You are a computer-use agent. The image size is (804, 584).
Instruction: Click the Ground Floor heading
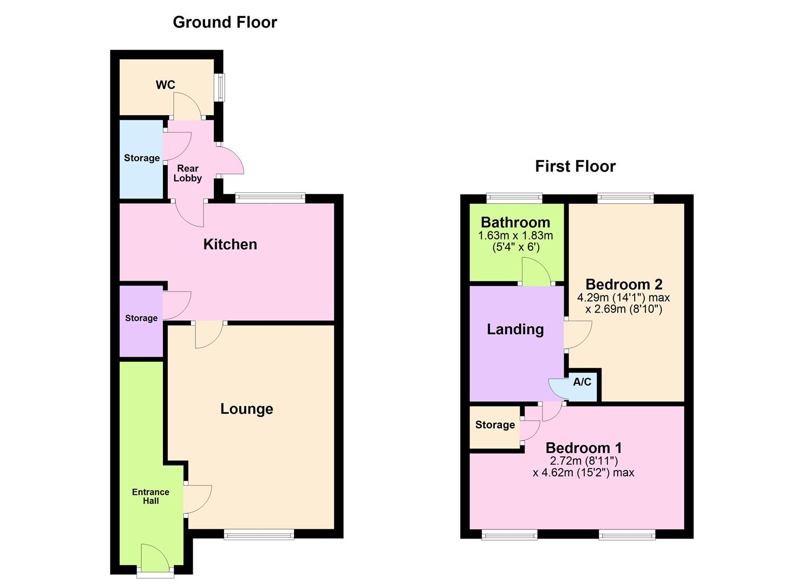pos(225,22)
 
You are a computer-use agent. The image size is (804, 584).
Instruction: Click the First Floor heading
pos(575,166)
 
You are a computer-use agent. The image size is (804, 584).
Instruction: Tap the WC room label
pos(165,85)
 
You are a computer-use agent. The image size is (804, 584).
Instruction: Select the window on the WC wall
pos(220,87)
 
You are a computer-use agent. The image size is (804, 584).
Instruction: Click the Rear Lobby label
pos(187,173)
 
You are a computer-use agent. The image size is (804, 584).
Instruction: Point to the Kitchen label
pos(230,244)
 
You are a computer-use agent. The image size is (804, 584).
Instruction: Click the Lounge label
pos(246,409)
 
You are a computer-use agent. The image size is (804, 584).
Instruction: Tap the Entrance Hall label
pos(151,496)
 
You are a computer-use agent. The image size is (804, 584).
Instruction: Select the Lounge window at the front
pos(259,535)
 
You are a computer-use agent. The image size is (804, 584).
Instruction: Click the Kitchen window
pos(270,198)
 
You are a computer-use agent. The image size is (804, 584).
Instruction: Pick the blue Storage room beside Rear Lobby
pos(141,158)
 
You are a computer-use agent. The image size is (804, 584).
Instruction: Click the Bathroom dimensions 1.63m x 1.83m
pos(515,236)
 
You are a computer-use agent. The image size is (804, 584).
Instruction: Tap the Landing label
pos(515,329)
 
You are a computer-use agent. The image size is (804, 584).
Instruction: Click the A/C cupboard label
pos(582,382)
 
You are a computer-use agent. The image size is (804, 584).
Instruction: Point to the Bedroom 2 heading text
pos(624,284)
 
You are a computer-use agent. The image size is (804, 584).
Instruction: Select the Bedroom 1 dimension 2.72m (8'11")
pos(584,461)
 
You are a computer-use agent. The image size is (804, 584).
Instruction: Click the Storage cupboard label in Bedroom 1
pos(495,425)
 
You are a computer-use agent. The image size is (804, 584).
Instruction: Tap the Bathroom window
pos(514,198)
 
